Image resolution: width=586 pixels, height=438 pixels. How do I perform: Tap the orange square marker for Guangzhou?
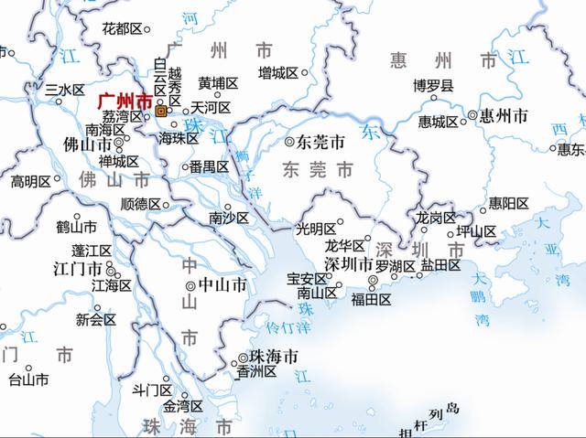161,111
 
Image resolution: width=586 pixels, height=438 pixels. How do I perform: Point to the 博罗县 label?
432,86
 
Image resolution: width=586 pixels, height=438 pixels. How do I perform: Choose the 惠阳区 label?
508,203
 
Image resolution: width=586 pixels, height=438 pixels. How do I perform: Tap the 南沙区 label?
228,218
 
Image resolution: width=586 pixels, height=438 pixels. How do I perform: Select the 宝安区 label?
306,278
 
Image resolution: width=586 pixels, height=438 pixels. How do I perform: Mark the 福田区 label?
371,299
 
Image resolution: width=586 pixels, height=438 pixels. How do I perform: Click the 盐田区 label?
440,265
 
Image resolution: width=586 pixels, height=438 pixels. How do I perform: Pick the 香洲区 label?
255,372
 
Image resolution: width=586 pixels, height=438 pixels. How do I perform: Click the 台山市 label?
27,379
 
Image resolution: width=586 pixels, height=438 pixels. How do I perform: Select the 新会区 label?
96,320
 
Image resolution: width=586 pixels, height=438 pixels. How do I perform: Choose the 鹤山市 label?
76,225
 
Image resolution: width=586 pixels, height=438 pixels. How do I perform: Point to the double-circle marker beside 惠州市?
473,116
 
